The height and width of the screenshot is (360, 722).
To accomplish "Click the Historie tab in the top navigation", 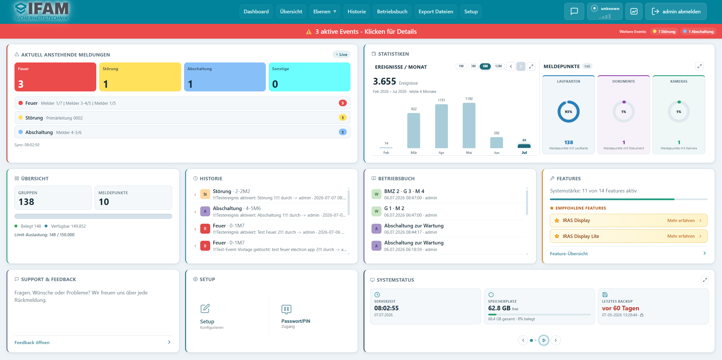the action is click(x=356, y=12).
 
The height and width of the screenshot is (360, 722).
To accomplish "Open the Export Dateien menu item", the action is click(x=436, y=12).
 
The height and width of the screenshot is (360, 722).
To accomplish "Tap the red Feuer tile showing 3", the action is click(x=55, y=77).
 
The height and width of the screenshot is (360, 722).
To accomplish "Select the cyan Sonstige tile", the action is click(x=309, y=77).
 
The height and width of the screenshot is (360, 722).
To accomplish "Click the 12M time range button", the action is click(x=498, y=66).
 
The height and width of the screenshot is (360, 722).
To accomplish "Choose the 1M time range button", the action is click(x=461, y=66).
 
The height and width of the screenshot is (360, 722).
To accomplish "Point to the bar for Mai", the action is click(x=469, y=125).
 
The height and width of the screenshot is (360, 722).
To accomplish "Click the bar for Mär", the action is click(x=414, y=131).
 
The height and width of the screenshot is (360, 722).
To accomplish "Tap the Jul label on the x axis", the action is click(x=524, y=153).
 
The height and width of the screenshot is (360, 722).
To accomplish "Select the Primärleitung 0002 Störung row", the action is click(x=182, y=118).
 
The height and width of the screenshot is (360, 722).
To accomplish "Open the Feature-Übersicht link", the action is click(x=569, y=254).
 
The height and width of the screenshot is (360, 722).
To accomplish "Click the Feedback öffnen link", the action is click(x=32, y=342).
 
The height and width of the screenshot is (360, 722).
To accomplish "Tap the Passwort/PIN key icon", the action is click(x=286, y=309).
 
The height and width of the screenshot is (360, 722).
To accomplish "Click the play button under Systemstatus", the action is click(x=544, y=340).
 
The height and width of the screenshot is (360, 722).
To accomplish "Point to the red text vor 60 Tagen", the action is click(x=620, y=308).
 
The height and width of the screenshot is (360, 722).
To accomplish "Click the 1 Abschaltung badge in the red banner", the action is click(x=698, y=32).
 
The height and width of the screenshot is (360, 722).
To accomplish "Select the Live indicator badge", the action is click(x=341, y=55).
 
